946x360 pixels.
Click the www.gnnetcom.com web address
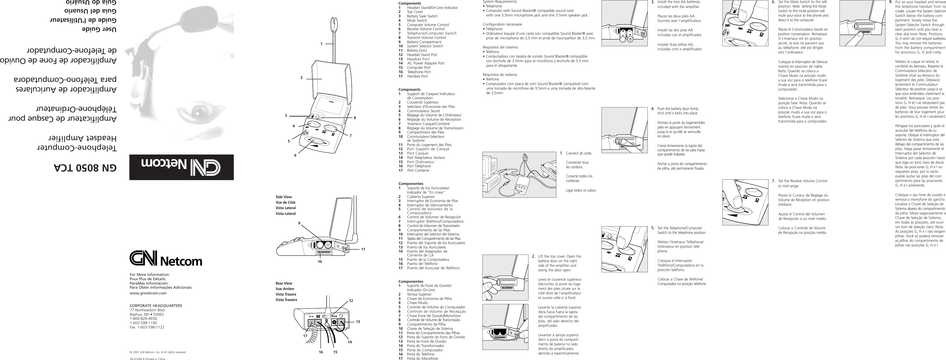point(148,293)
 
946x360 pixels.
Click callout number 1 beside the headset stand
point(321,44)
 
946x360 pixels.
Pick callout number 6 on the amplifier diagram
point(295,155)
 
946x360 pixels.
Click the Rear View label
point(284,283)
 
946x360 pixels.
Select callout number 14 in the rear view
point(350,342)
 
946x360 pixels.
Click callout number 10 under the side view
point(320,261)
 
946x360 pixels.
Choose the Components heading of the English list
point(410,3)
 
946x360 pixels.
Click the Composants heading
point(410,89)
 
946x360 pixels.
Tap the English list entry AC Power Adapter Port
point(426,63)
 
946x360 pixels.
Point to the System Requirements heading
point(499,2)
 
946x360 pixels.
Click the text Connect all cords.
point(579,153)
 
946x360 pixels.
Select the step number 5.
point(653,227)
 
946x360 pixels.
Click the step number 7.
point(773,181)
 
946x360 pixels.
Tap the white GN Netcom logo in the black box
point(181,167)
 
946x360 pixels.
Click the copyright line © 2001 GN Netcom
point(158,352)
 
